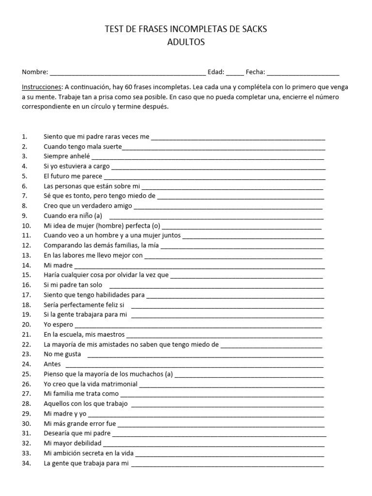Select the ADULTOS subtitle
pos(186,42)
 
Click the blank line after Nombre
pos(127,73)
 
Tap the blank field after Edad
pos(235,73)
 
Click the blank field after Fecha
pos(303,73)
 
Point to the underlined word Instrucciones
pos(42,87)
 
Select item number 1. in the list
pos(25,137)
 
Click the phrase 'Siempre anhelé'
pos(66,156)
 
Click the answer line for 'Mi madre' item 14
pos(199,266)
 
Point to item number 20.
pos(27,325)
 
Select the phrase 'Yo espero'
pos(58,325)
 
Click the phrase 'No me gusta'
pos(62,354)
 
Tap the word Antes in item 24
pos(52,364)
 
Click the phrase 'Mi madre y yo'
pos(65,414)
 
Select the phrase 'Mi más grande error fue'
pos(80,424)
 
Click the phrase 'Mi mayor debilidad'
pos(72,443)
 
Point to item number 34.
pos(27,464)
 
